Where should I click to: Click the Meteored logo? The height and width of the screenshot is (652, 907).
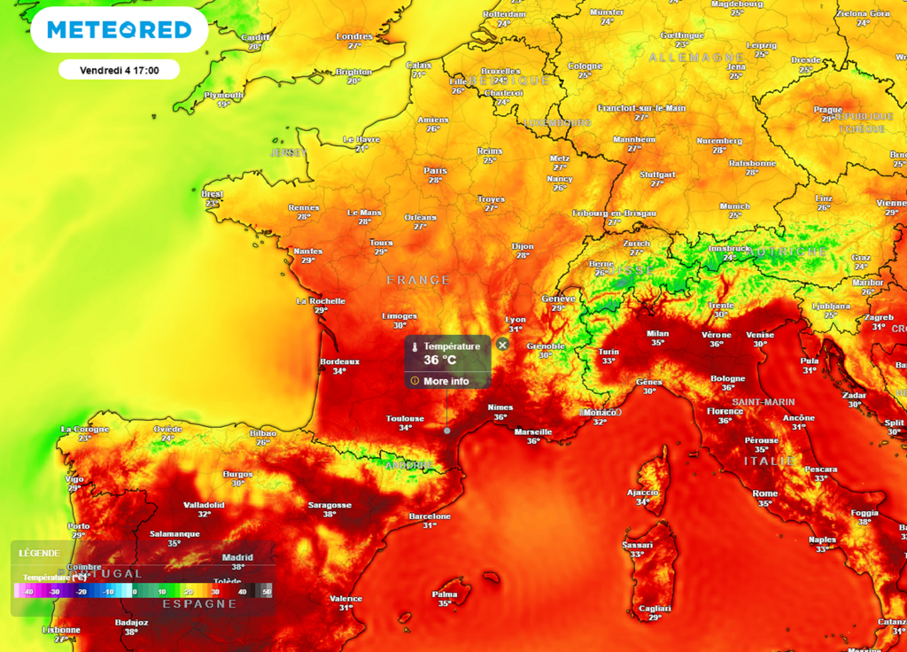(119, 30)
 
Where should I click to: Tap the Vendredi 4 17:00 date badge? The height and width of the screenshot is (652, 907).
(119, 70)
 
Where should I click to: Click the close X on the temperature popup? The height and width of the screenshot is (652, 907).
(502, 344)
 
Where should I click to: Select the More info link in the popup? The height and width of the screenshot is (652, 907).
(446, 381)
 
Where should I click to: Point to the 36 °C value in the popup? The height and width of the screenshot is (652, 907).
(439, 360)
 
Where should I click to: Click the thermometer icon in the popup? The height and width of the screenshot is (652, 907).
(414, 346)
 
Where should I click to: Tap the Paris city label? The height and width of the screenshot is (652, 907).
(435, 171)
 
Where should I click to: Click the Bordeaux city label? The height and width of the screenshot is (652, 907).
(339, 361)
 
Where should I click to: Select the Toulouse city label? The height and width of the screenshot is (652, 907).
(405, 418)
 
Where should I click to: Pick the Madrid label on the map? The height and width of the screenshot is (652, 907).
(237, 557)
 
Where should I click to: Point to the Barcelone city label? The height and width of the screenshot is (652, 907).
(430, 516)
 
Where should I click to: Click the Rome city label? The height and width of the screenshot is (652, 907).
(764, 493)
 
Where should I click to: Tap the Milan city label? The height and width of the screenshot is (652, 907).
(657, 333)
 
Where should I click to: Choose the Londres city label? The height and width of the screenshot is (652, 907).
(354, 36)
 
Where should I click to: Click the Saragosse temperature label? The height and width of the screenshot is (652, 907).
(329, 514)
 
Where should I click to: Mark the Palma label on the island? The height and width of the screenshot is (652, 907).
(444, 594)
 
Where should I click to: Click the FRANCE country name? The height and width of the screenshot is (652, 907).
(418, 280)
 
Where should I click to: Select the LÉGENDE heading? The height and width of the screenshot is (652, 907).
(40, 553)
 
